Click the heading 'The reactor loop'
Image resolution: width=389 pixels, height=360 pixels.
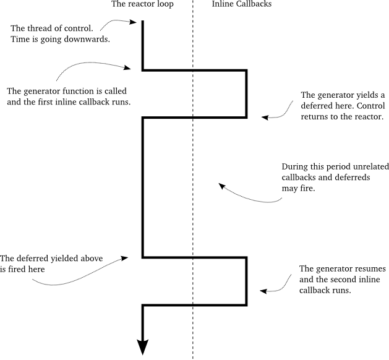[x=142, y=5]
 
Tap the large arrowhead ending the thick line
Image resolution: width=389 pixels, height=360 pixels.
[x=143, y=348]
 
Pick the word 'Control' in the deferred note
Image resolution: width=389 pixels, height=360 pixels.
[x=366, y=106]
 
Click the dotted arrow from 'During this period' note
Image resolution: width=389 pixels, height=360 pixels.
[x=247, y=197]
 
